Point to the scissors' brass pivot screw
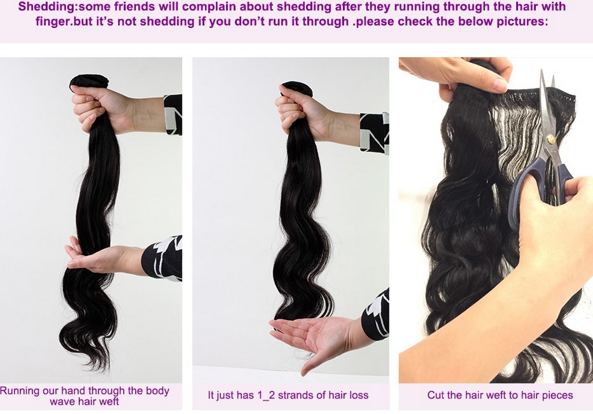551,139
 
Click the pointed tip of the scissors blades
542,71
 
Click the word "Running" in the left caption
20,391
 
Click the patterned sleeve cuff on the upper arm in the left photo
173,114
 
